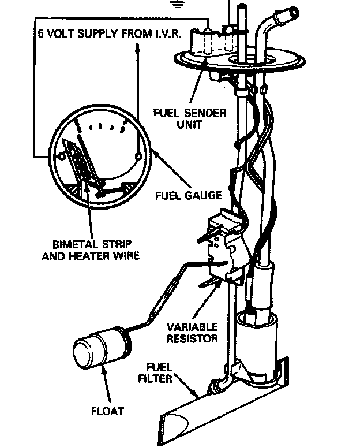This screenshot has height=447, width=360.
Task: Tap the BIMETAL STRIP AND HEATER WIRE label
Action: click(x=91, y=248)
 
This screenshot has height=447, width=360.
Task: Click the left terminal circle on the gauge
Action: click(x=61, y=155)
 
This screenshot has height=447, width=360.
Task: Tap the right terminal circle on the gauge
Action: click(x=137, y=156)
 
